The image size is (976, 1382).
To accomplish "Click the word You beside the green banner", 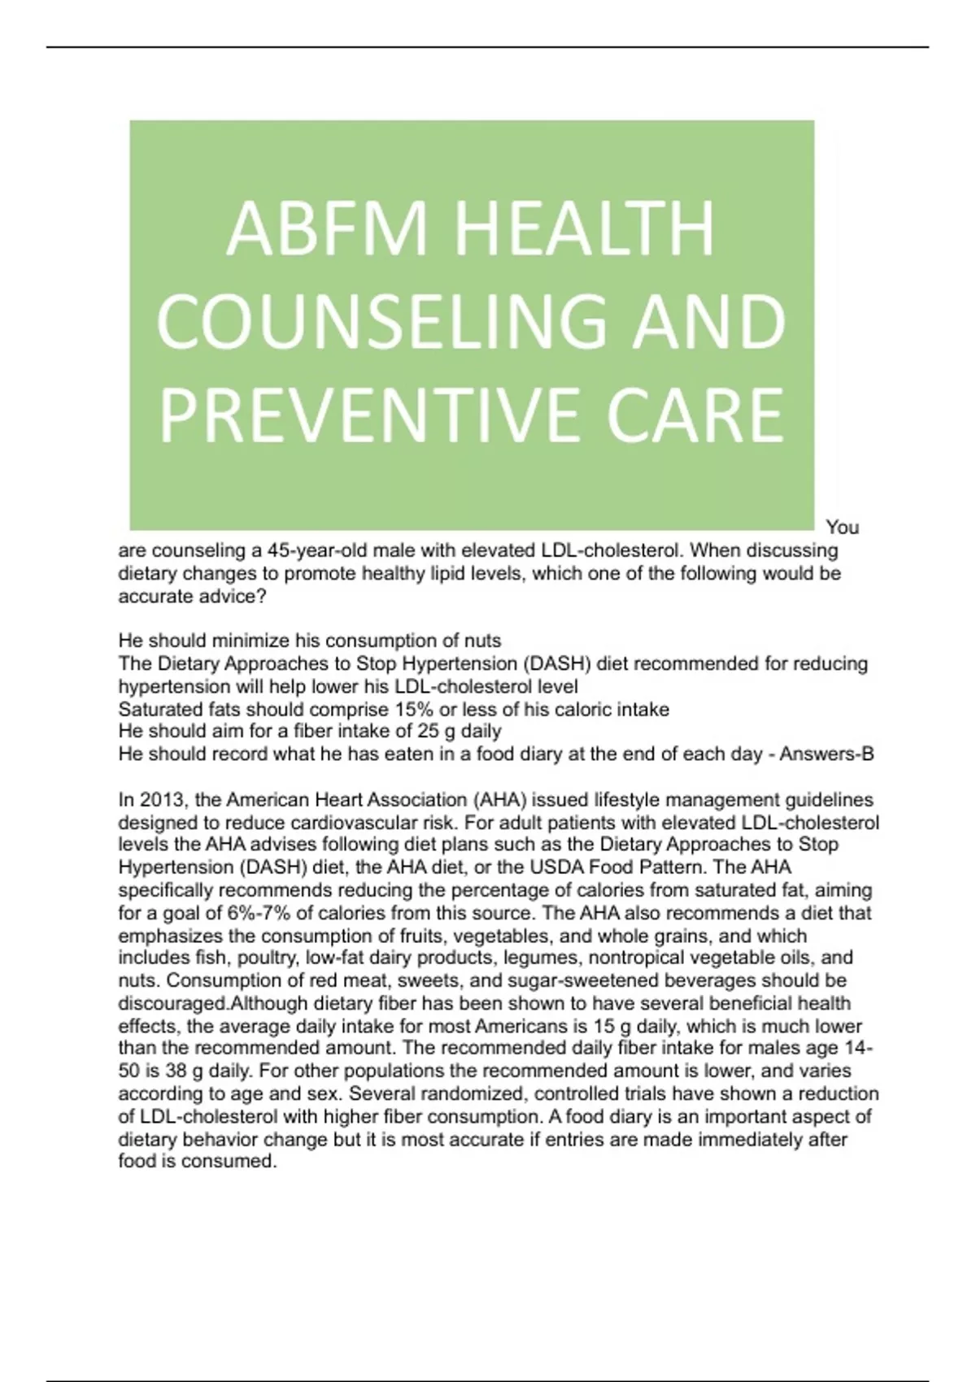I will click(x=842, y=527).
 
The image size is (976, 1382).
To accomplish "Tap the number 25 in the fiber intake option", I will click(x=428, y=731).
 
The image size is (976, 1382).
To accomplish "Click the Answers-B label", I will click(x=826, y=754).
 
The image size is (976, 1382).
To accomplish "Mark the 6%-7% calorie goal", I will click(x=259, y=912).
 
